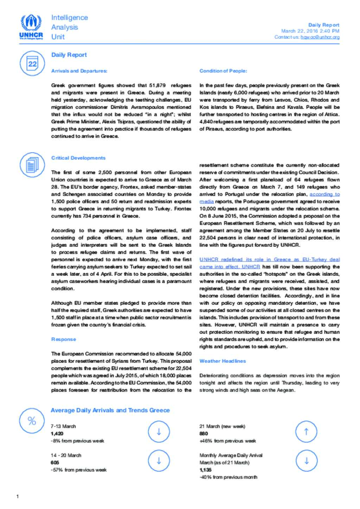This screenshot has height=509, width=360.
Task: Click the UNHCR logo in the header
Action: click(31, 27)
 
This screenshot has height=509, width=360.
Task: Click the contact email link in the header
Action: click(320, 37)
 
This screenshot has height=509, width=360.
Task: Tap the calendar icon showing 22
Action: click(32, 63)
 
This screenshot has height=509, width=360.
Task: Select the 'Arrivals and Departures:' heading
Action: click(79, 71)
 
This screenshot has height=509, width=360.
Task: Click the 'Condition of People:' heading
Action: click(223, 71)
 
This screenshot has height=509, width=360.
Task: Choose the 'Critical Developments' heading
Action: click(78, 158)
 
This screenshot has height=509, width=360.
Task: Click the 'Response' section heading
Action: click(63, 339)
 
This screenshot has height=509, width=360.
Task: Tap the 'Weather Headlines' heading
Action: click(223, 361)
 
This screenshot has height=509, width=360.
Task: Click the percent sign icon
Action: click(32, 420)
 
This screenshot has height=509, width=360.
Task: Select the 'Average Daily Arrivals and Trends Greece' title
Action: click(110, 410)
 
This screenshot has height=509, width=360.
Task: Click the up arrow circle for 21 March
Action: click(306, 432)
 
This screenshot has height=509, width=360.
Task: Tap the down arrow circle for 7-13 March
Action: click(159, 432)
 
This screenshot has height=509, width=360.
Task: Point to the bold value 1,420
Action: click(57, 433)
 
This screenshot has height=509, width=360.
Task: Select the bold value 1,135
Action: click(205, 470)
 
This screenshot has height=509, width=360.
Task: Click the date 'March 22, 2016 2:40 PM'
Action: click(310, 31)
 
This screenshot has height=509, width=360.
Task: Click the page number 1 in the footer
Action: click(18, 496)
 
